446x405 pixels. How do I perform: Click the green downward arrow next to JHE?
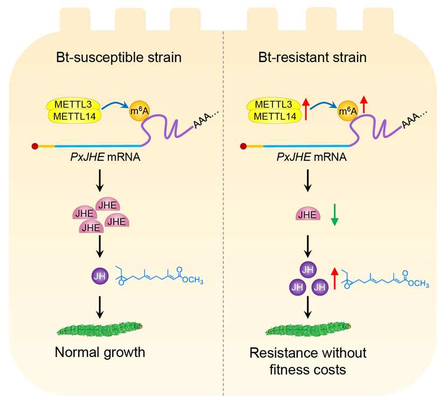point(334,214)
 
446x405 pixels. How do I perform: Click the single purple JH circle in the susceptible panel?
point(99,278)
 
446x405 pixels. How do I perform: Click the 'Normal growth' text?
point(100,353)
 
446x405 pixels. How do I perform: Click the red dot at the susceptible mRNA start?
point(35,146)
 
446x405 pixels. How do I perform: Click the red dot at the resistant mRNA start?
point(244,146)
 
